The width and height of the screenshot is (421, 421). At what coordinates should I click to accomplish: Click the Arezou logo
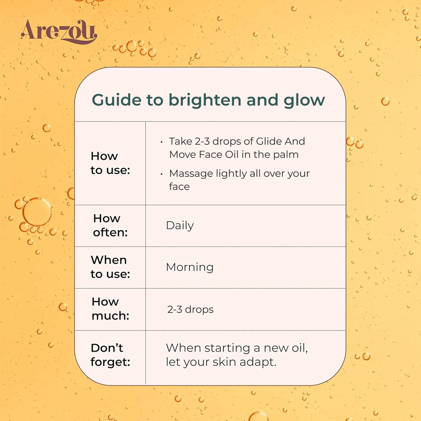pyautogui.click(x=59, y=32)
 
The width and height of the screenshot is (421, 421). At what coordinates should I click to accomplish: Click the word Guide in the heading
pyautogui.click(x=117, y=100)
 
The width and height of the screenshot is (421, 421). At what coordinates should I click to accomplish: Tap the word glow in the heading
pyautogui.click(x=304, y=101)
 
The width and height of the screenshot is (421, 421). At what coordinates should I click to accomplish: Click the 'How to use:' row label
pyautogui.click(x=110, y=163)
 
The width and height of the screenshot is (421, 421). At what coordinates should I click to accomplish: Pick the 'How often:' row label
pyautogui.click(x=110, y=225)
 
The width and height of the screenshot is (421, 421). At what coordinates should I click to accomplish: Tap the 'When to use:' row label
pyautogui.click(x=110, y=267)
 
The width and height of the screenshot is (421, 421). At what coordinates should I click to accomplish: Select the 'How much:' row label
pyautogui.click(x=110, y=309)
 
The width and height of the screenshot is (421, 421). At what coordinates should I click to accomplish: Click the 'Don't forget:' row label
pyautogui.click(x=110, y=355)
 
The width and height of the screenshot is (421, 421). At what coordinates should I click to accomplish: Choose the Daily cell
pyautogui.click(x=180, y=226)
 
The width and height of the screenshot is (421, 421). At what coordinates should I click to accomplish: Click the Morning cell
pyautogui.click(x=190, y=267)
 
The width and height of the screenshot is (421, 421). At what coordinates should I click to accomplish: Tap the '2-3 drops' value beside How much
pyautogui.click(x=190, y=309)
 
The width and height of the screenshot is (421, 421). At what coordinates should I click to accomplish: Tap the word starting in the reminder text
pyautogui.click(x=227, y=348)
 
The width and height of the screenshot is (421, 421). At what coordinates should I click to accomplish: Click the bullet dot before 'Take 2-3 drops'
pyautogui.click(x=161, y=142)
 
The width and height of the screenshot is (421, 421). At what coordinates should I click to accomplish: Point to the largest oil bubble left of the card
pyautogui.click(x=37, y=212)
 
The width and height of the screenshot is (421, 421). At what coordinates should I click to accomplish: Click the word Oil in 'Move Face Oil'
pyautogui.click(x=232, y=154)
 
